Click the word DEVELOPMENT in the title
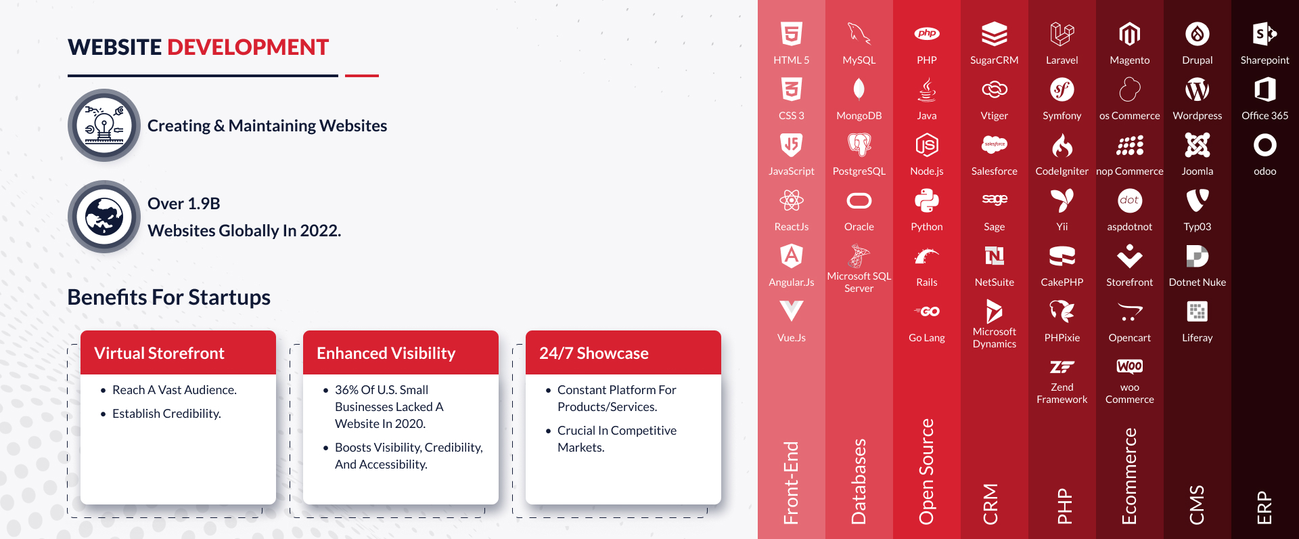[248, 47]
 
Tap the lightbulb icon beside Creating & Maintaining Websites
[104, 125]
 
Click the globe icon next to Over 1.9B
[104, 217]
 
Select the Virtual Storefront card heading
[159, 353]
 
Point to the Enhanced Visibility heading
[386, 353]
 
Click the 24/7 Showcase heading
[593, 353]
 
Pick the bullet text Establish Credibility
[166, 414]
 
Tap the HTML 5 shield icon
[792, 34]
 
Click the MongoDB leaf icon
[859, 89]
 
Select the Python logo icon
[927, 200]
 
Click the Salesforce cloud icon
[995, 144]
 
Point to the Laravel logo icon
[1062, 34]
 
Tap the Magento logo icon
[1130, 34]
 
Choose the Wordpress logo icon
[1198, 89]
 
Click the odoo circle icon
[1265, 145]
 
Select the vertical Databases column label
[859, 481]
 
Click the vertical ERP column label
[1264, 508]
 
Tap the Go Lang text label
[927, 338]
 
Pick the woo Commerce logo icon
[1130, 366]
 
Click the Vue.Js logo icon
[792, 311]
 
